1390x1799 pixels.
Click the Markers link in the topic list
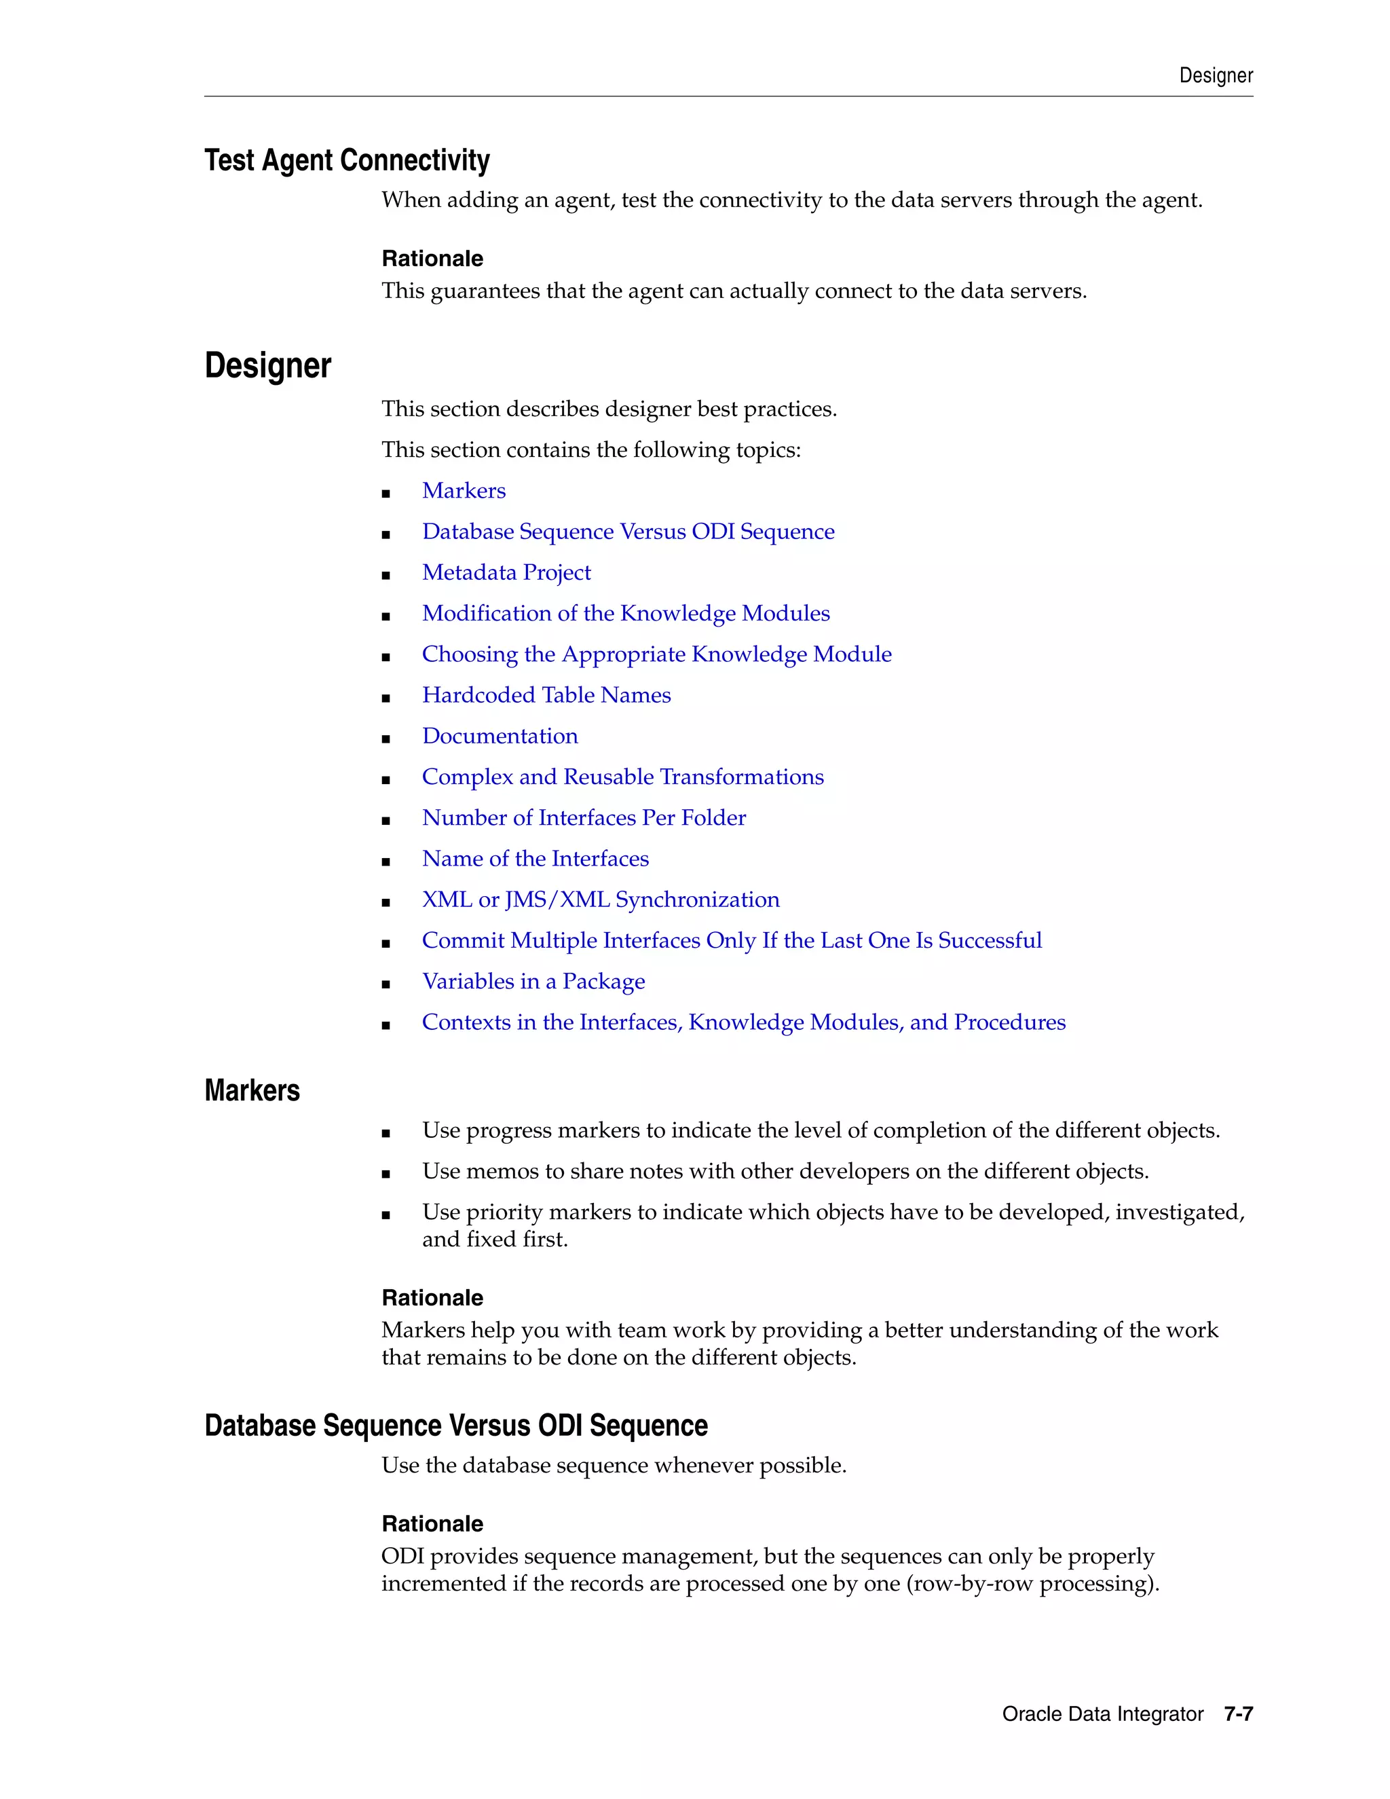tap(464, 491)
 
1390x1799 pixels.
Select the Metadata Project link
tap(506, 572)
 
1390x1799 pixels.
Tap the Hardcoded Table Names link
tap(546, 695)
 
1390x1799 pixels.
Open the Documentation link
tap(500, 737)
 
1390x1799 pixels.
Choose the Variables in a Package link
tap(533, 982)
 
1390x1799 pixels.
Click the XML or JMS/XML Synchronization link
tap(600, 899)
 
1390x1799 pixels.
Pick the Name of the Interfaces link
tap(536, 859)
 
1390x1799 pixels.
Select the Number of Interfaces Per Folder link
tap(584, 818)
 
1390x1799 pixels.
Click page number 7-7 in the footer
tap(1238, 1714)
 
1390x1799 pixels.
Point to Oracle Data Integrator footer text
tap(1102, 1714)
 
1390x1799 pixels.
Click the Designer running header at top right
tap(1216, 76)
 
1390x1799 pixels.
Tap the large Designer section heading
tap(267, 366)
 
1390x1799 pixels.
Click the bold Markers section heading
tap(252, 1091)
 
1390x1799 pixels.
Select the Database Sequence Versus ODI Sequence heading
tap(455, 1426)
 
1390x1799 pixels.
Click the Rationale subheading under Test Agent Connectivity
tap(432, 259)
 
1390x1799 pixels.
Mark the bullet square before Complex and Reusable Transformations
tap(386, 779)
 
